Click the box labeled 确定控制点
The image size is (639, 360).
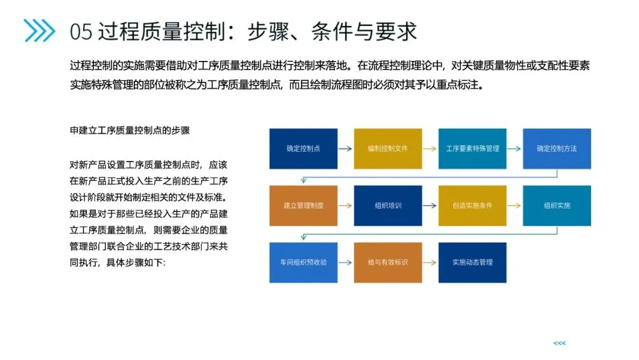[x=303, y=149]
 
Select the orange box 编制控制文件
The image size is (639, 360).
[x=388, y=149]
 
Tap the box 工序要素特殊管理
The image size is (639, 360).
[x=472, y=149]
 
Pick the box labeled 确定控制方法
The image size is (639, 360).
[x=557, y=149]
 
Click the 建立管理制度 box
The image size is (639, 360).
[x=303, y=205]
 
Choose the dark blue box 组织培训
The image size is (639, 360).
[x=388, y=205]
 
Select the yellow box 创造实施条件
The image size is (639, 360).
[x=472, y=205]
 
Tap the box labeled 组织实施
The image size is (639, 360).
[x=557, y=205]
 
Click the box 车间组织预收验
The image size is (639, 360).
[x=303, y=262]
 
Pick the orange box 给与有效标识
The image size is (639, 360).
[x=388, y=262]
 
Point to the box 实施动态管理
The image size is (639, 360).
[x=472, y=262]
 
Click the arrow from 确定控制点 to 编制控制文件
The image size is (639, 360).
[x=346, y=149]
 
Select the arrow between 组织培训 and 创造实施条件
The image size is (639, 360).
[x=430, y=205]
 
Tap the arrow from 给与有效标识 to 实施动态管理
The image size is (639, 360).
[x=430, y=262]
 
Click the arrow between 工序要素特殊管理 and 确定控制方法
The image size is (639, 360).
[x=515, y=149]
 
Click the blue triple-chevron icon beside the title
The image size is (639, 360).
[x=39, y=30]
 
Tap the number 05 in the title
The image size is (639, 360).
[x=81, y=31]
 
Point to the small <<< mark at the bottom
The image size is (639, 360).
[x=559, y=343]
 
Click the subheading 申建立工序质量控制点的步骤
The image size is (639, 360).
[x=130, y=130]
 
